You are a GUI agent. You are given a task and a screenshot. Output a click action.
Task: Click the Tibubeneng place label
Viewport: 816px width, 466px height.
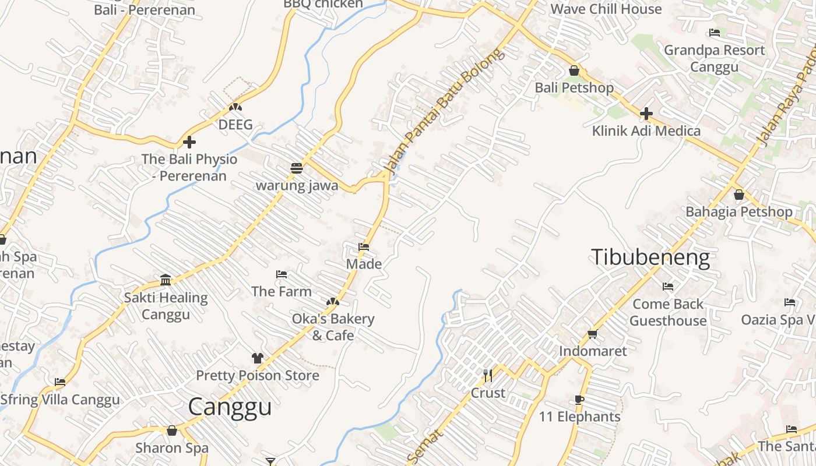click(x=651, y=257)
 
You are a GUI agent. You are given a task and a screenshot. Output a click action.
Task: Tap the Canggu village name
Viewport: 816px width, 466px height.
click(x=230, y=407)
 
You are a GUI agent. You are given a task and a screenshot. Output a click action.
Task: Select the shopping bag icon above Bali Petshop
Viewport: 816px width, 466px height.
click(x=574, y=70)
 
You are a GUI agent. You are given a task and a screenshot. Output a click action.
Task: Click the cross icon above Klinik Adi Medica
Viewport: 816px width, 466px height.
click(x=646, y=114)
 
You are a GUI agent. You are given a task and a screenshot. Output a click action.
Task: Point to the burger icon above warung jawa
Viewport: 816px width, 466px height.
click(x=297, y=168)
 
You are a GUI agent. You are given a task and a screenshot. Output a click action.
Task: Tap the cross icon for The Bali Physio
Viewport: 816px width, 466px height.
click(x=189, y=142)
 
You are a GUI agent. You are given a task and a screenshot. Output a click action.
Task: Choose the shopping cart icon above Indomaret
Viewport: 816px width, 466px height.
click(x=593, y=334)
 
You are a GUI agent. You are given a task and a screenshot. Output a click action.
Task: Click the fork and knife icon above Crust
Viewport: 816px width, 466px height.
click(x=488, y=375)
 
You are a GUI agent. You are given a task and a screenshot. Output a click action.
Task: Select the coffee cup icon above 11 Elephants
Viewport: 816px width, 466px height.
click(x=579, y=400)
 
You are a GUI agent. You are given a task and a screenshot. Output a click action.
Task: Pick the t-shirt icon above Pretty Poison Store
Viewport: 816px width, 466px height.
click(x=258, y=358)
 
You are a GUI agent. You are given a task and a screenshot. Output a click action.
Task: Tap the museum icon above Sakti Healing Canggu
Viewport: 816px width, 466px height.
click(x=166, y=280)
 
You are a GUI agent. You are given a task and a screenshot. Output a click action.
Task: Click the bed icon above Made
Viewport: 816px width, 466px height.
click(x=364, y=247)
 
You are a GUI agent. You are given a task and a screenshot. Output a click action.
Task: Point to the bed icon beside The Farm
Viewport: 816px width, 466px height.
click(x=282, y=274)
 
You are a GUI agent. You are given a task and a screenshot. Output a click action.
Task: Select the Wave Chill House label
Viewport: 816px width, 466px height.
click(x=606, y=9)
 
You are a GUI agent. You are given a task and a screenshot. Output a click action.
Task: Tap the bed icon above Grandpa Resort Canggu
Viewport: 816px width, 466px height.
click(x=715, y=33)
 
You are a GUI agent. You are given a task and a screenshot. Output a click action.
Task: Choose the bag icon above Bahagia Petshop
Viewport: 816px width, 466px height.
click(x=739, y=195)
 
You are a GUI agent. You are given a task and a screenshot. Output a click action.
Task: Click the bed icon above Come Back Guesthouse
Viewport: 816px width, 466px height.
click(x=668, y=286)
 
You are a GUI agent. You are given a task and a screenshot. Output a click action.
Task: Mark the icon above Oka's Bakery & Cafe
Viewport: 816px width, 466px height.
click(x=332, y=302)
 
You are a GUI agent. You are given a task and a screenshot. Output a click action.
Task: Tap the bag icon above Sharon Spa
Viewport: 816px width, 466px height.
click(x=172, y=430)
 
